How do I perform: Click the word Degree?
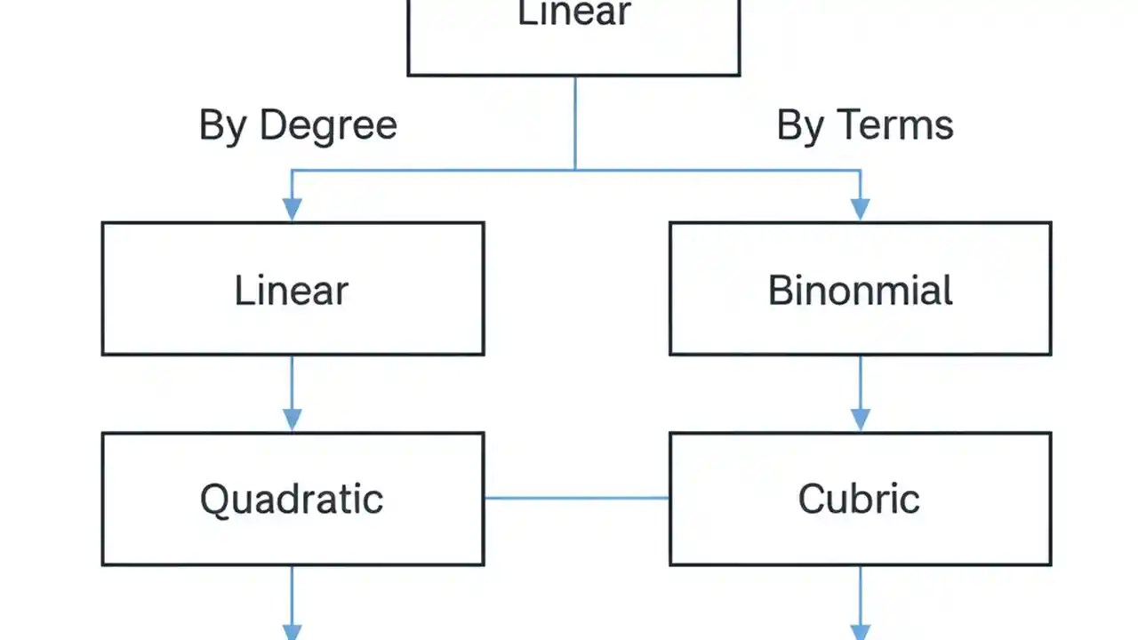pyautogui.click(x=328, y=126)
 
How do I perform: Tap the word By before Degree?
pyautogui.click(x=223, y=126)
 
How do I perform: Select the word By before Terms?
pyautogui.click(x=800, y=126)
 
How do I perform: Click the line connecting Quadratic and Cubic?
pyautogui.click(x=576, y=498)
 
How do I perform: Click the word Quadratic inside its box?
pyautogui.click(x=292, y=500)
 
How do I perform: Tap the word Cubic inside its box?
pyautogui.click(x=859, y=500)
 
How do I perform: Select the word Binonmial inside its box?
pyautogui.click(x=860, y=292)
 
